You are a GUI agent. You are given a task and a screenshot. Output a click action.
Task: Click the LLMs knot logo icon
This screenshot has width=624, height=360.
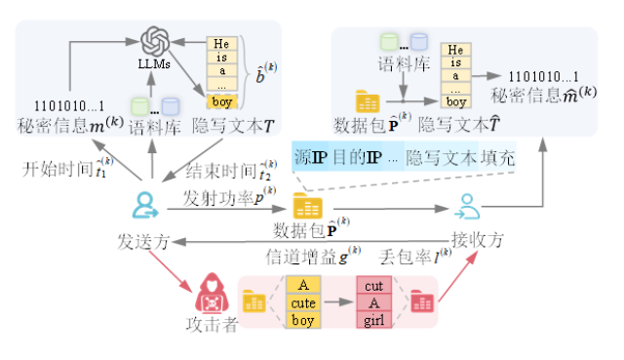point(155,41)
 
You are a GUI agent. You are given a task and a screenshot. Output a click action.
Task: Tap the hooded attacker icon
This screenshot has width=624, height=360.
point(213,293)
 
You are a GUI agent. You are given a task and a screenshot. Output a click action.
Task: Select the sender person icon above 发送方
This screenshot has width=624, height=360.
point(145,205)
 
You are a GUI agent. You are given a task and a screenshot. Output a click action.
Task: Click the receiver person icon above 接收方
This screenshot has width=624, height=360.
point(467,207)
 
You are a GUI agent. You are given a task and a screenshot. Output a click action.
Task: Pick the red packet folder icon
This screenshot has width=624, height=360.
point(421,301)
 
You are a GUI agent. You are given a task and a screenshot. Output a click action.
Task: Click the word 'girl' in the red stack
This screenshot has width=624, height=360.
point(374,320)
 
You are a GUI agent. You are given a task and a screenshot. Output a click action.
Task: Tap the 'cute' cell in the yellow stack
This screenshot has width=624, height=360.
point(303,303)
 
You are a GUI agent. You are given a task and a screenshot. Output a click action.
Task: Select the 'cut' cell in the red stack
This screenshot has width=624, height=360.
point(374,286)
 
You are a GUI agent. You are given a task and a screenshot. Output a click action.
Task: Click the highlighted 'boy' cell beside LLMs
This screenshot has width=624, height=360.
point(221,101)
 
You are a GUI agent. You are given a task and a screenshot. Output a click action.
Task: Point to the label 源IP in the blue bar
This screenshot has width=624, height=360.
point(310,158)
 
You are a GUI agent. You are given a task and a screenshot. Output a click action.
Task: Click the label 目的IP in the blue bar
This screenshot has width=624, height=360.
point(357,158)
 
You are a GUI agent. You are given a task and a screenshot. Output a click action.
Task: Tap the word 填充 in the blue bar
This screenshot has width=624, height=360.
point(497,158)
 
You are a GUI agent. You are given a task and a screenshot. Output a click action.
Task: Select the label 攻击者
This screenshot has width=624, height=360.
point(213,325)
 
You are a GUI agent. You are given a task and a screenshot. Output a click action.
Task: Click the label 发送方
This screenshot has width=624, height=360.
point(143,242)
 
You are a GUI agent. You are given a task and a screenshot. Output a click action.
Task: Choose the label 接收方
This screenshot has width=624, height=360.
point(478,240)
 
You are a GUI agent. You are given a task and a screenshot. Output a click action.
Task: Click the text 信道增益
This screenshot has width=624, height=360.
point(302,257)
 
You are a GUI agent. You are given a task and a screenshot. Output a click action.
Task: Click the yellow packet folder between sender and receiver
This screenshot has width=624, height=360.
point(308,206)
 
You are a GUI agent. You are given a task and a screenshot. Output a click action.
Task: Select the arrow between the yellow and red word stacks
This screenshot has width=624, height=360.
point(338,301)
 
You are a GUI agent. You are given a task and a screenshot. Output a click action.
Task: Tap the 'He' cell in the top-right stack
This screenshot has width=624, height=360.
point(455,50)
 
